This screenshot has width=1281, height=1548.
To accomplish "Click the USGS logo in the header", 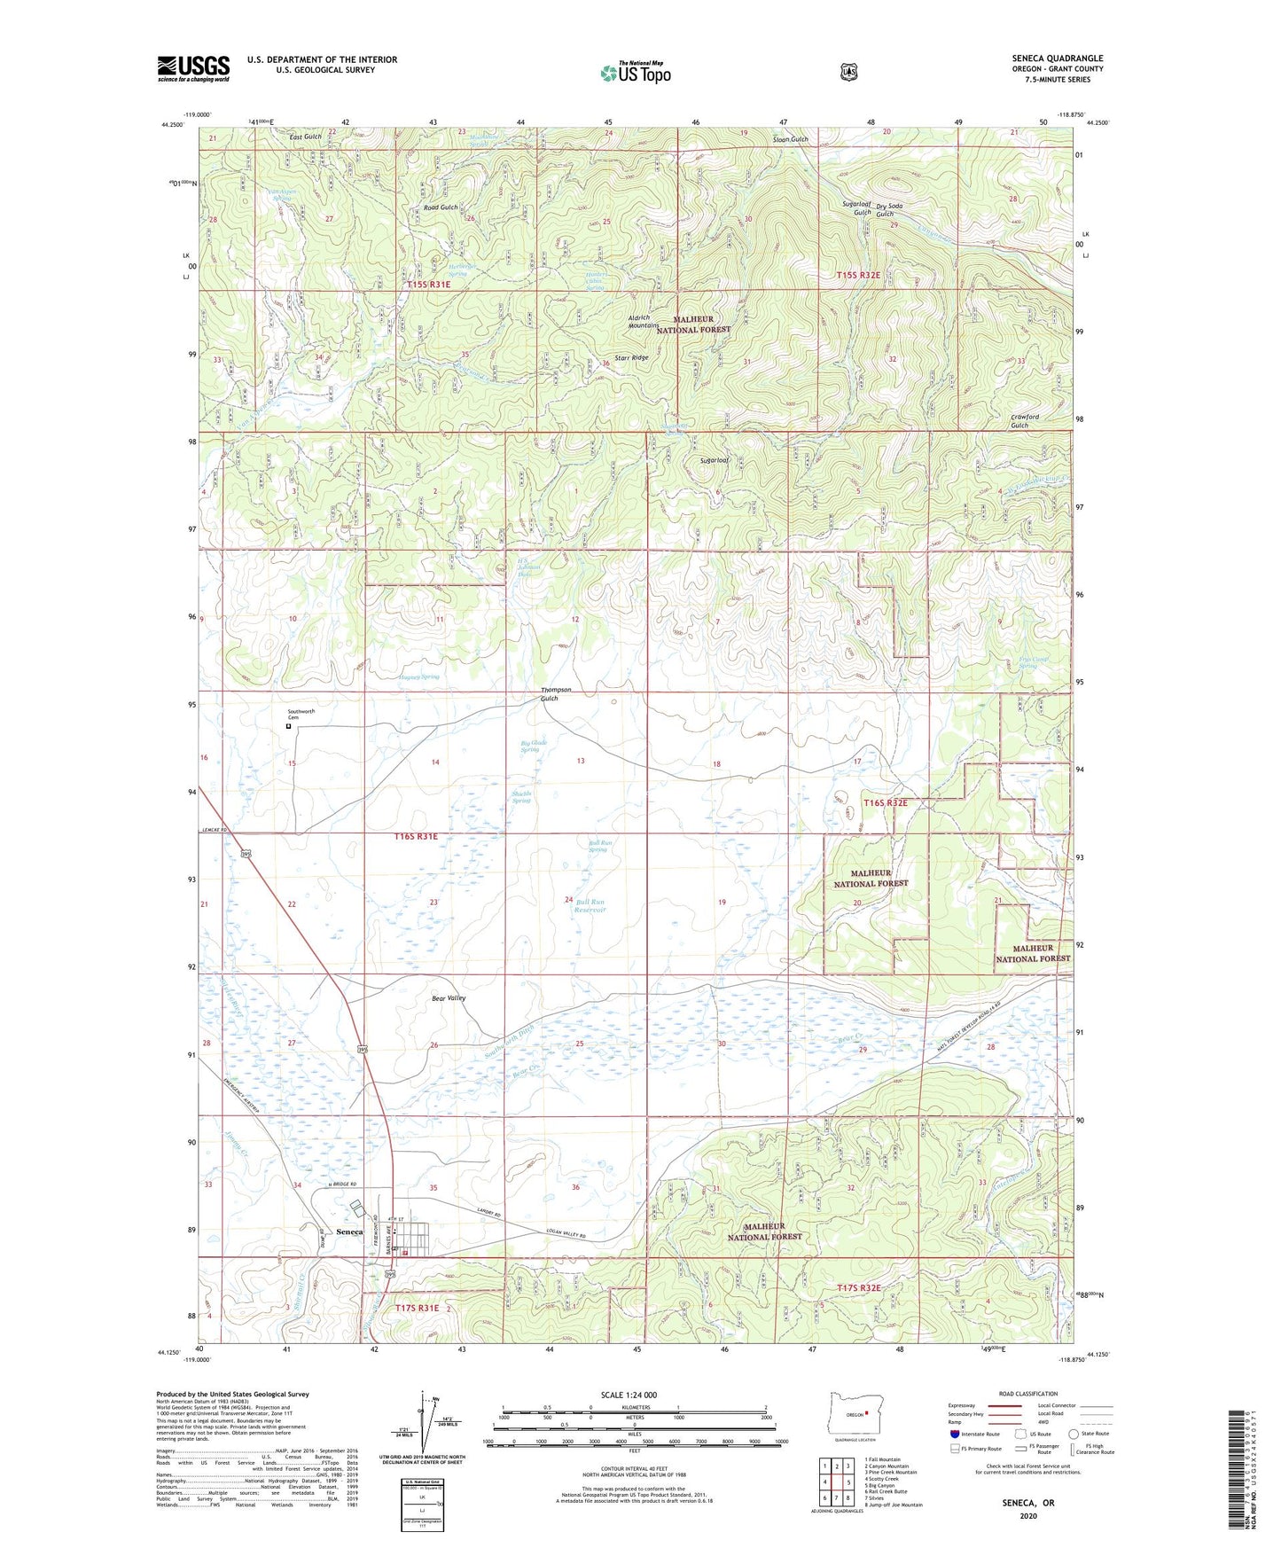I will (193, 68).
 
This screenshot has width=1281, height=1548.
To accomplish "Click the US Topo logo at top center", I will (635, 73).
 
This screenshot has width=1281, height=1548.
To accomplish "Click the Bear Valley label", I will (449, 998).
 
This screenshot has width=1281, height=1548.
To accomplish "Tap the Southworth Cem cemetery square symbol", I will (288, 727).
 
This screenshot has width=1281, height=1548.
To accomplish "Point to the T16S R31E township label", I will (429, 836).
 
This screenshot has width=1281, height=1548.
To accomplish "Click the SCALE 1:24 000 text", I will (629, 1395).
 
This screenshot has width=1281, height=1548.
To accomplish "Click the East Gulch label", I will (305, 137).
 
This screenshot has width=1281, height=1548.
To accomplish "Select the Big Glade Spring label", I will (533, 746).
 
